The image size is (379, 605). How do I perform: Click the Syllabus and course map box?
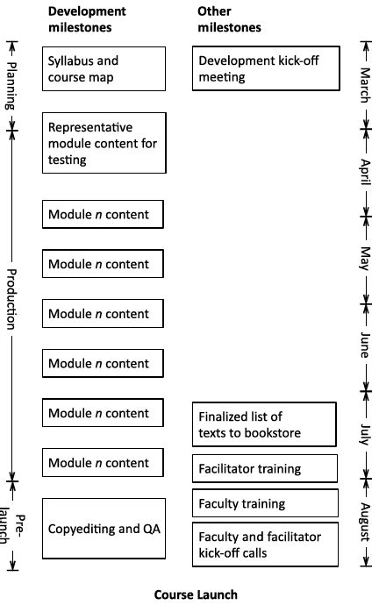coord(104,68)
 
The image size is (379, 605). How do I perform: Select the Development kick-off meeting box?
coord(266,68)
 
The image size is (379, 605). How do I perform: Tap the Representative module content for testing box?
coord(104,143)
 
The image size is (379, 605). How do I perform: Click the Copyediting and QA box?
coord(104,529)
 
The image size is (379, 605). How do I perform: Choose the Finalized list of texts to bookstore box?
coord(264,424)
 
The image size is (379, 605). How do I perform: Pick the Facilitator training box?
coord(264,468)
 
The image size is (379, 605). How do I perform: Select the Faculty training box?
coord(264,503)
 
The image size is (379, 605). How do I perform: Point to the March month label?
coord(364,85)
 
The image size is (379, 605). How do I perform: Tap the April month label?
coord(364,168)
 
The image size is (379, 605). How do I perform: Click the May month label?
coord(364,259)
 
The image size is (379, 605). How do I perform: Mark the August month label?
coord(364,523)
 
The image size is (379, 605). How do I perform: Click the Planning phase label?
coord(11,86)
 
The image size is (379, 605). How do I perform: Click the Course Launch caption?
coord(196,594)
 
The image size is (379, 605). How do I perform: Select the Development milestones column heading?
coord(87,19)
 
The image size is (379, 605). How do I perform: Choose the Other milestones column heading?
coord(229,19)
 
